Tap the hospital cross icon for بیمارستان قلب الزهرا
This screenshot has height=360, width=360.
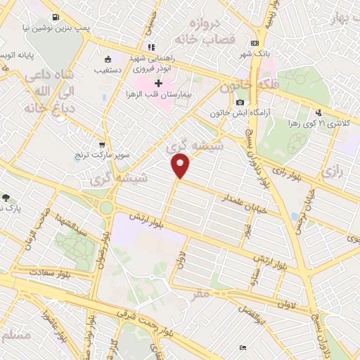click(158, 83)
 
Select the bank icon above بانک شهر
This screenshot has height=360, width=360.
click(244, 43)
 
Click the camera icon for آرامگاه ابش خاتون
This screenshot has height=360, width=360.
click(240, 103)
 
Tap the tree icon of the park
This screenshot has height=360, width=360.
click(6, 198)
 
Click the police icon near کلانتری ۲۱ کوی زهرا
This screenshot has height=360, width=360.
click(319, 112)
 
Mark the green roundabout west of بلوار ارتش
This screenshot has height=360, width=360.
click(108, 207)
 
